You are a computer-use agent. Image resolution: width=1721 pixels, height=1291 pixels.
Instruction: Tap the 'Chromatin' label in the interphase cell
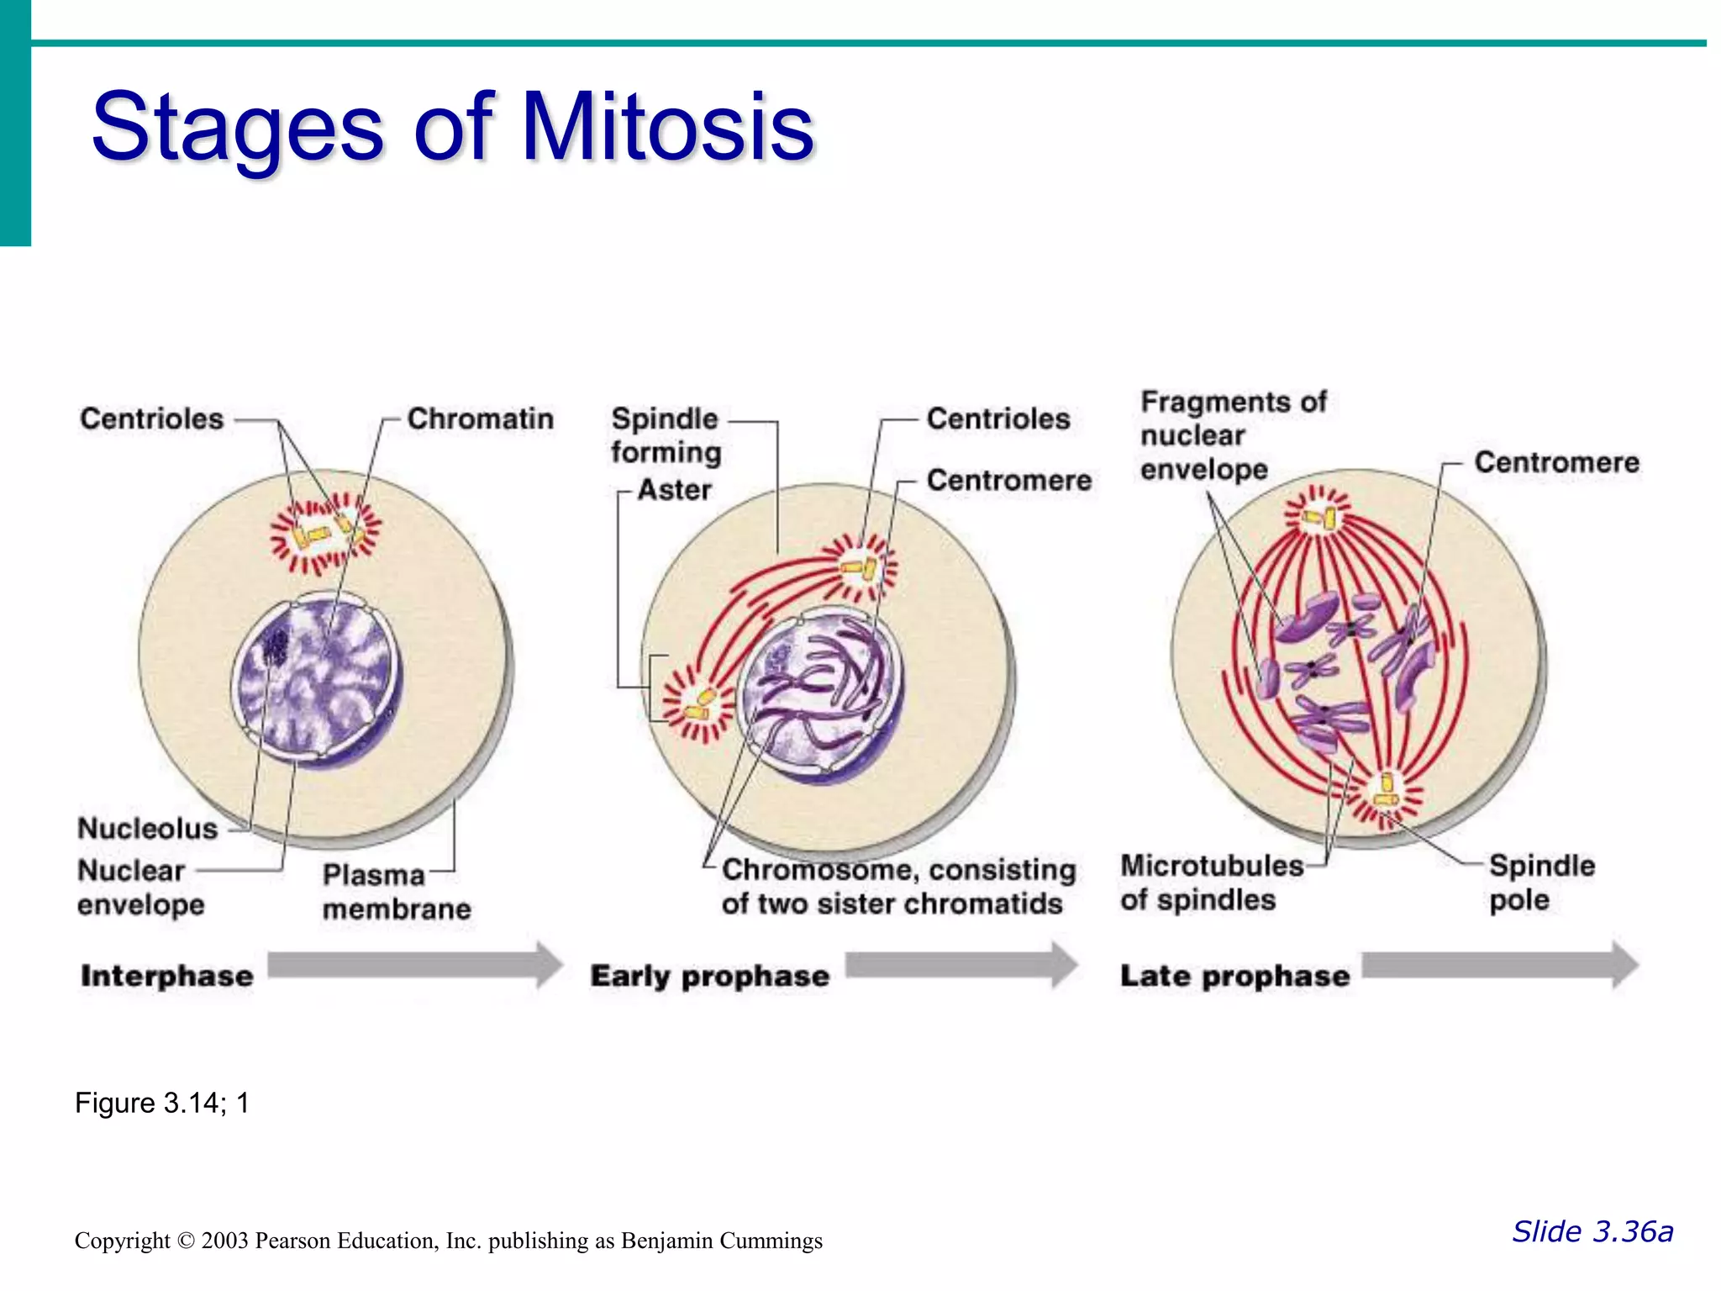[480, 419]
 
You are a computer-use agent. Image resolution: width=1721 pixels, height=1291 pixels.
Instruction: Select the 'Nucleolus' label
[148, 829]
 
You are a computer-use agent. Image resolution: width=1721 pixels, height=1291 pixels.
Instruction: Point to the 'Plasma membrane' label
[396, 892]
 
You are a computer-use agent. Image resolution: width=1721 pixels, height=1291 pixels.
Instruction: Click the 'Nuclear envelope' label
[140, 888]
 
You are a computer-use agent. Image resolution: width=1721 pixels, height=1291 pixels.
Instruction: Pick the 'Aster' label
[674, 489]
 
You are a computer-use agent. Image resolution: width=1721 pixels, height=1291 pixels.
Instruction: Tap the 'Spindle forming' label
[666, 435]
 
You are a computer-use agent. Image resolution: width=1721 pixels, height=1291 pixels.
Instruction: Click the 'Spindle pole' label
[1541, 883]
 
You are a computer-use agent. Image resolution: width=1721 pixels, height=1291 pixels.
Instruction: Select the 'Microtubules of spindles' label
[1211, 883]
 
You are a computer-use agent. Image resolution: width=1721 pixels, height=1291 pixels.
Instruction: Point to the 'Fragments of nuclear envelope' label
[1232, 435]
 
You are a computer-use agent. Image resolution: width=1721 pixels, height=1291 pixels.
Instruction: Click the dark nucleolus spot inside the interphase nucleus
[275, 646]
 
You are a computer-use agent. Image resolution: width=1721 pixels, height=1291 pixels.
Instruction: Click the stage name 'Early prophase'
[709, 977]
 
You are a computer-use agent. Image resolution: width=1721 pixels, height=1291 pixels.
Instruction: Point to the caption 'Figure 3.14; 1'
[162, 1103]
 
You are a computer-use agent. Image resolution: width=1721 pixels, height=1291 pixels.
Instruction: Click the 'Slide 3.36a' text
[1592, 1232]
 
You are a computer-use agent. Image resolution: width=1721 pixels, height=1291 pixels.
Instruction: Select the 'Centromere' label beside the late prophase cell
[1556, 462]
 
